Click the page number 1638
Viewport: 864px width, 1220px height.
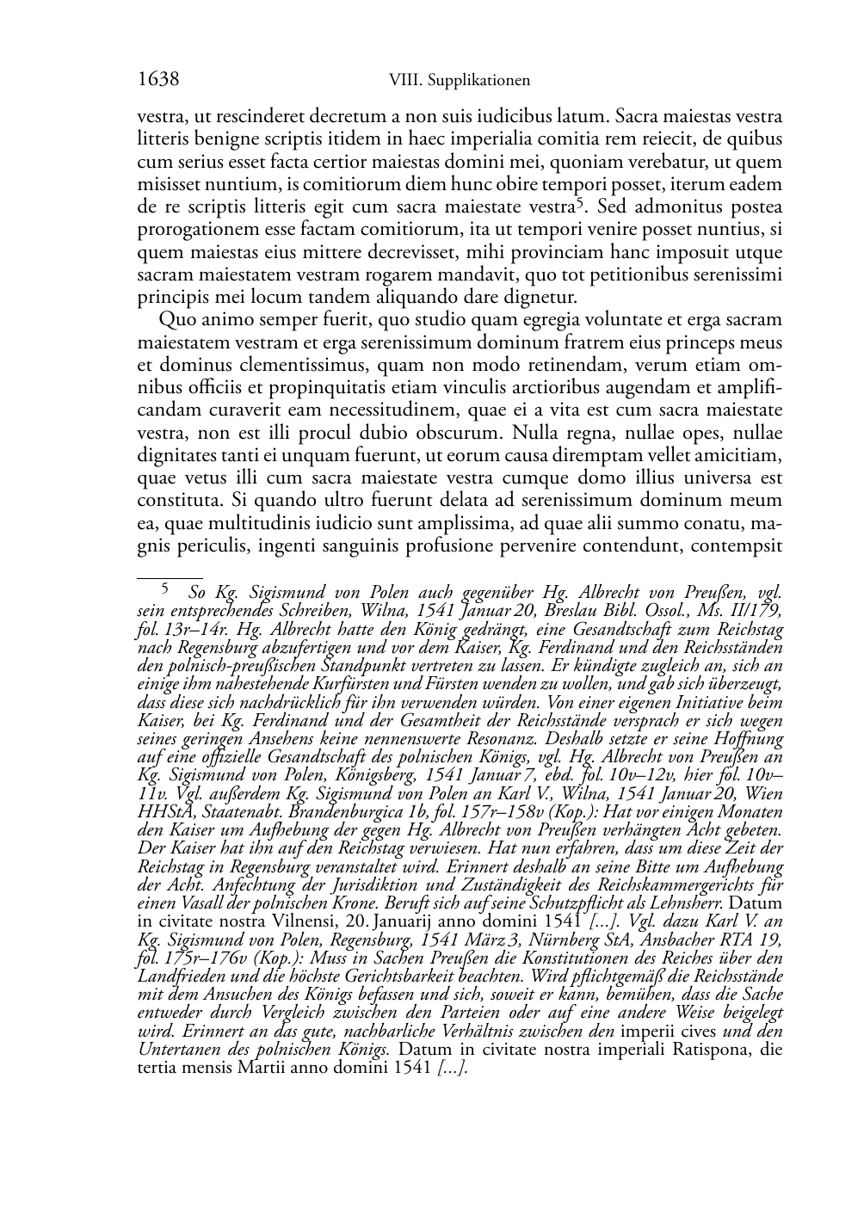[x=158, y=80]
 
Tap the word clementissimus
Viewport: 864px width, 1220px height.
[x=301, y=365]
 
